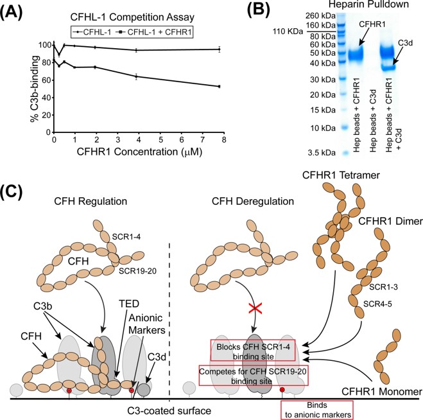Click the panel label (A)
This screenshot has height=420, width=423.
17,12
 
